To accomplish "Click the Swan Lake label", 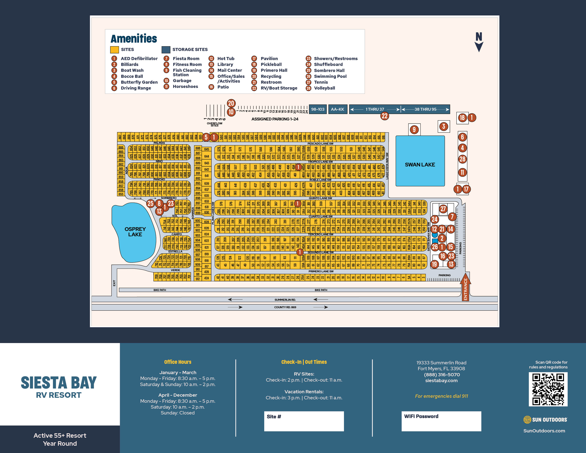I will pyautogui.click(x=420, y=165).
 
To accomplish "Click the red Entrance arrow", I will pyautogui.click(x=465, y=287).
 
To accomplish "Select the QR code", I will pyautogui.click(x=548, y=389).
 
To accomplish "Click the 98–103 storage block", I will pyautogui.click(x=318, y=109).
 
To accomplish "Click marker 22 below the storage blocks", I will pyautogui.click(x=384, y=116).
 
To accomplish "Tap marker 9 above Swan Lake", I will pyautogui.click(x=414, y=130).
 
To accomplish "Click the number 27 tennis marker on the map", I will pyautogui.click(x=443, y=209).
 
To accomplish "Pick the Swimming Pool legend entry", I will pyautogui.click(x=330, y=76).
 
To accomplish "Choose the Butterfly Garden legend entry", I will pyautogui.click(x=139, y=82).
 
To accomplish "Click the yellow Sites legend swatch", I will pyautogui.click(x=114, y=50).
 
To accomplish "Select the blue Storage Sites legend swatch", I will pyautogui.click(x=166, y=50).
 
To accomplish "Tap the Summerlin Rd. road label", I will pyautogui.click(x=285, y=300).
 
